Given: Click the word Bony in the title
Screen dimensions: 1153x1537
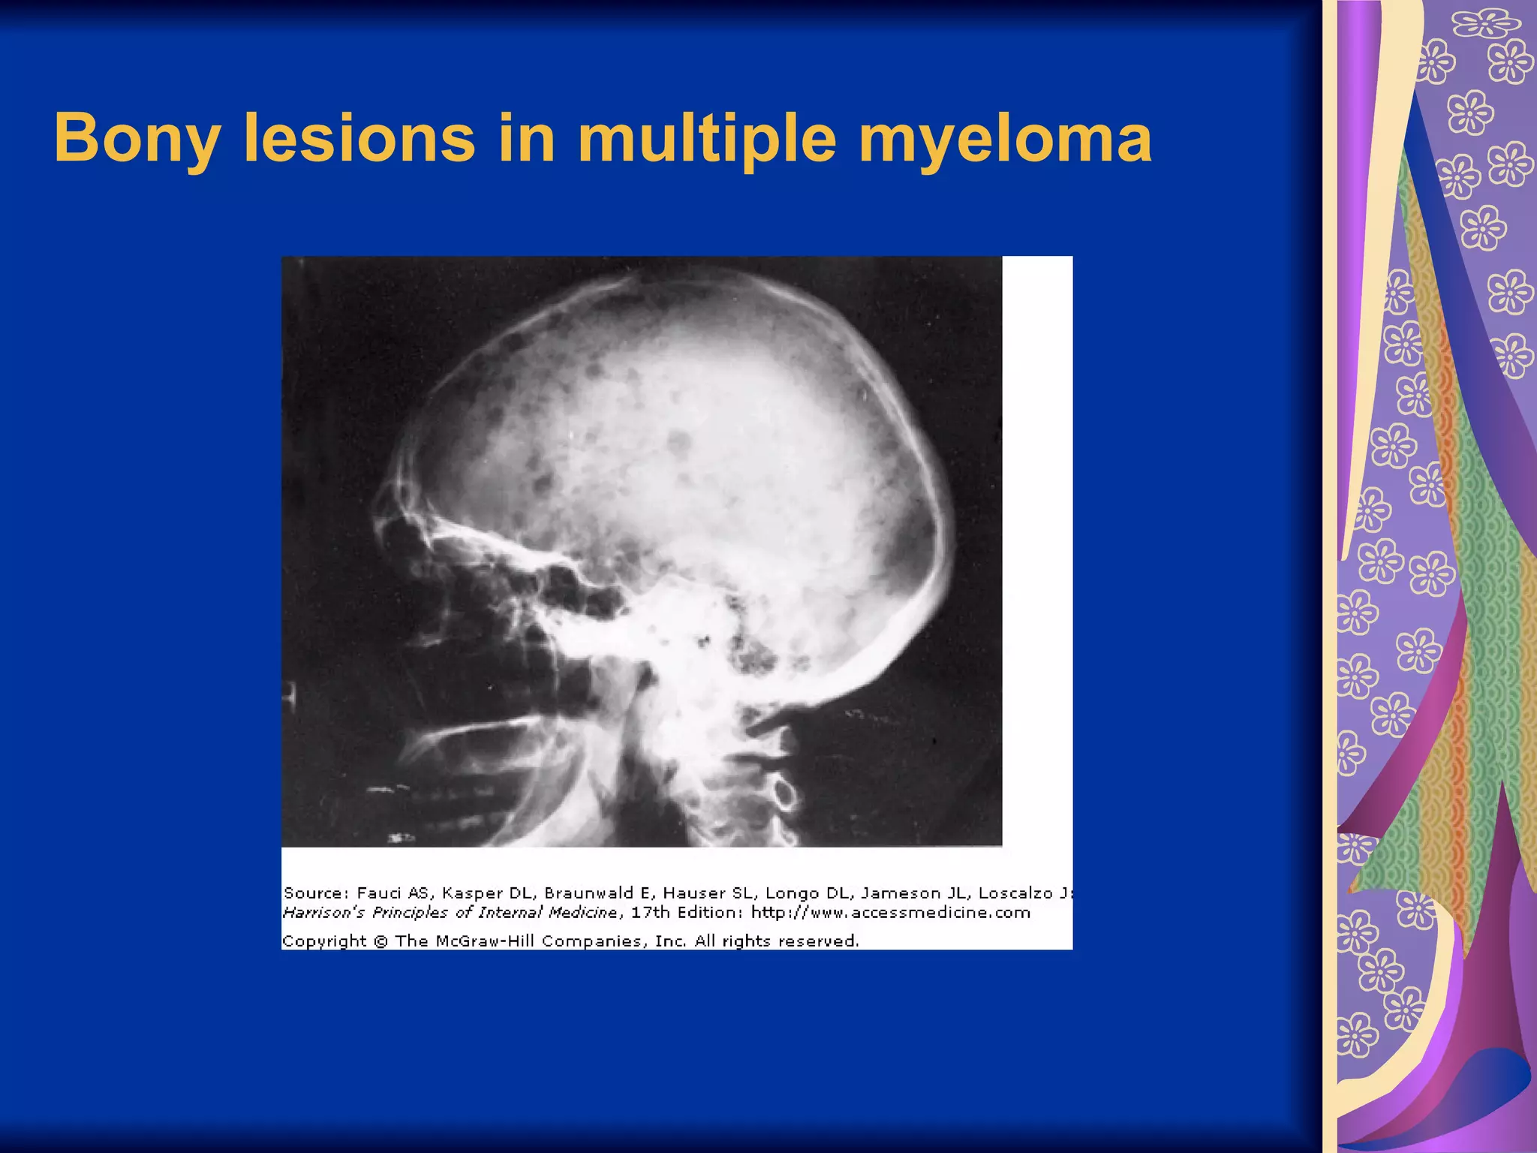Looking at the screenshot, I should click(137, 139).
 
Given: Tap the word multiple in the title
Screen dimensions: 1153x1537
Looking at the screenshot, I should click(706, 139).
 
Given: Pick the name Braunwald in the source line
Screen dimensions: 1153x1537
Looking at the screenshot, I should click(589, 893).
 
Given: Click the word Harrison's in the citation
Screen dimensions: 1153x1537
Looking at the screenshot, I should click(324, 913).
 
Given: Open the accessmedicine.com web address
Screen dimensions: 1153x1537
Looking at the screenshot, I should click(891, 913).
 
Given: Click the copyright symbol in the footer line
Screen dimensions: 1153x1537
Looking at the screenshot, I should click(380, 941).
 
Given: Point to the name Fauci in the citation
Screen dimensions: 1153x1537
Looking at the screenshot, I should click(379, 893).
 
